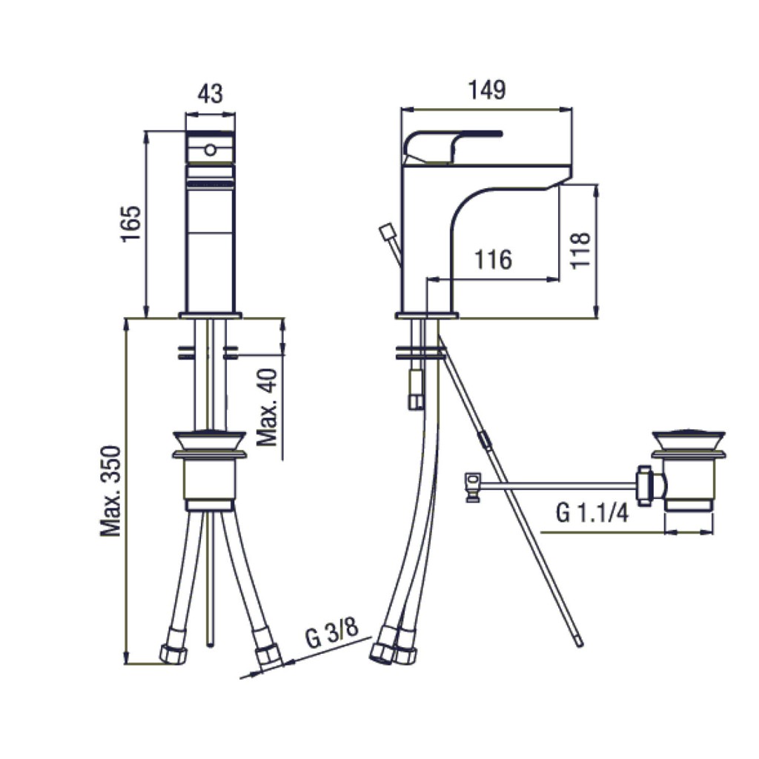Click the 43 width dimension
click(x=211, y=93)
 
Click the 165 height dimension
click(x=130, y=224)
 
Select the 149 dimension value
click(x=487, y=90)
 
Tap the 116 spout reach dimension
click(x=493, y=259)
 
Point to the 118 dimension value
click(x=580, y=250)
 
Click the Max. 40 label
click(x=267, y=407)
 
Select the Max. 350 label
click(x=110, y=491)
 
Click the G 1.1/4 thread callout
click(x=592, y=513)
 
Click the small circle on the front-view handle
click(x=210, y=150)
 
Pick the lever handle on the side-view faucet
click(x=452, y=148)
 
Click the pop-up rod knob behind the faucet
click(x=388, y=231)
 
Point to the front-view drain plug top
click(x=209, y=440)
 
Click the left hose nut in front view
click(x=173, y=652)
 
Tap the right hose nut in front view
click(x=269, y=658)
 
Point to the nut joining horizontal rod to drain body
click(x=645, y=485)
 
